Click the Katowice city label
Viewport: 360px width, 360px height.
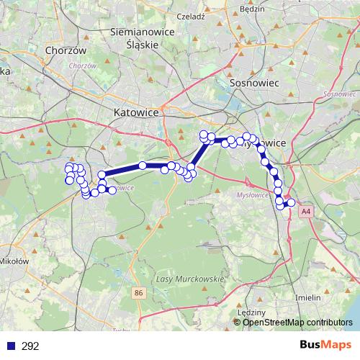[x=138, y=112]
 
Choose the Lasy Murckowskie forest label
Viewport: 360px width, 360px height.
[x=190, y=278]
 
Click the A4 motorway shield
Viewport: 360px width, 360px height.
[x=307, y=212]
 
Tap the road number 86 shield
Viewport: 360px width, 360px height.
[x=139, y=292]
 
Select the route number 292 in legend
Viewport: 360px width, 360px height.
[x=30, y=346]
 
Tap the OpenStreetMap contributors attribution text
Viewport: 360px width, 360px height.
[x=297, y=323]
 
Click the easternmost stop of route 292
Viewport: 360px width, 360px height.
[x=292, y=203]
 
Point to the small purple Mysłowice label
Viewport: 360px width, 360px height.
[x=251, y=195]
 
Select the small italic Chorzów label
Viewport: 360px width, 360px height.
[x=84, y=66]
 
